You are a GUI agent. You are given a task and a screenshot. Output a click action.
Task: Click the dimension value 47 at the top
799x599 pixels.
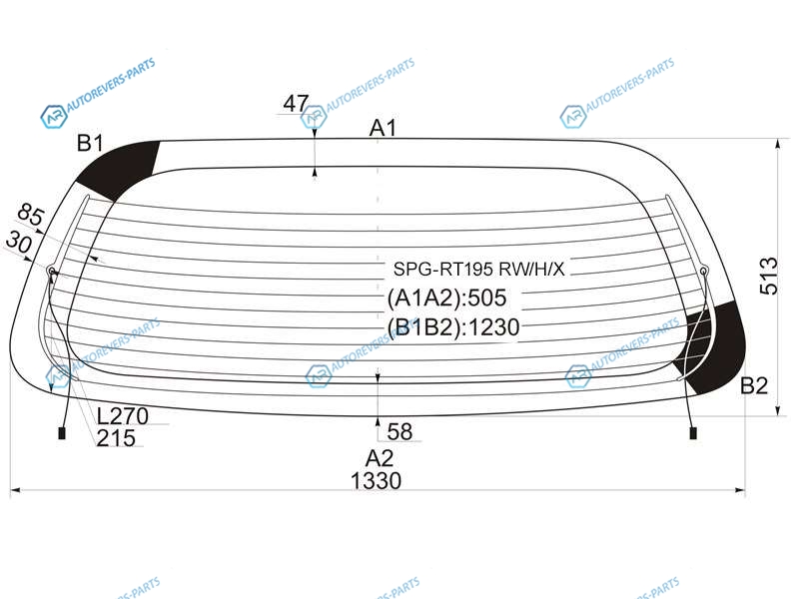(296, 104)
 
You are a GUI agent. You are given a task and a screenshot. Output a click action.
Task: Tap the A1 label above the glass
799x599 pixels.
(383, 128)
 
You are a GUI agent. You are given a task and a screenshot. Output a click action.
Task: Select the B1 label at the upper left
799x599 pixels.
(90, 143)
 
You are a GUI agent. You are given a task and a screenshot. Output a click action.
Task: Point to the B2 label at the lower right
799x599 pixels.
(754, 385)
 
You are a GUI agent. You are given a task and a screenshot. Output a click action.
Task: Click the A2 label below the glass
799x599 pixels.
(380, 459)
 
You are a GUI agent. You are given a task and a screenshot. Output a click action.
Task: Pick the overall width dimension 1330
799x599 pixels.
(377, 481)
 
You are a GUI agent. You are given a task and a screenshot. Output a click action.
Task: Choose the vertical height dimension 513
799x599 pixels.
(769, 277)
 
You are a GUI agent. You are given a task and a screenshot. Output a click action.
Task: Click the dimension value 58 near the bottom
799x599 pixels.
(399, 432)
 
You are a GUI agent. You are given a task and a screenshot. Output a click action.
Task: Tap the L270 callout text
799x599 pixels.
(123, 416)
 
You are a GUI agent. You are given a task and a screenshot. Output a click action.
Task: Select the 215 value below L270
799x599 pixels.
(116, 438)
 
